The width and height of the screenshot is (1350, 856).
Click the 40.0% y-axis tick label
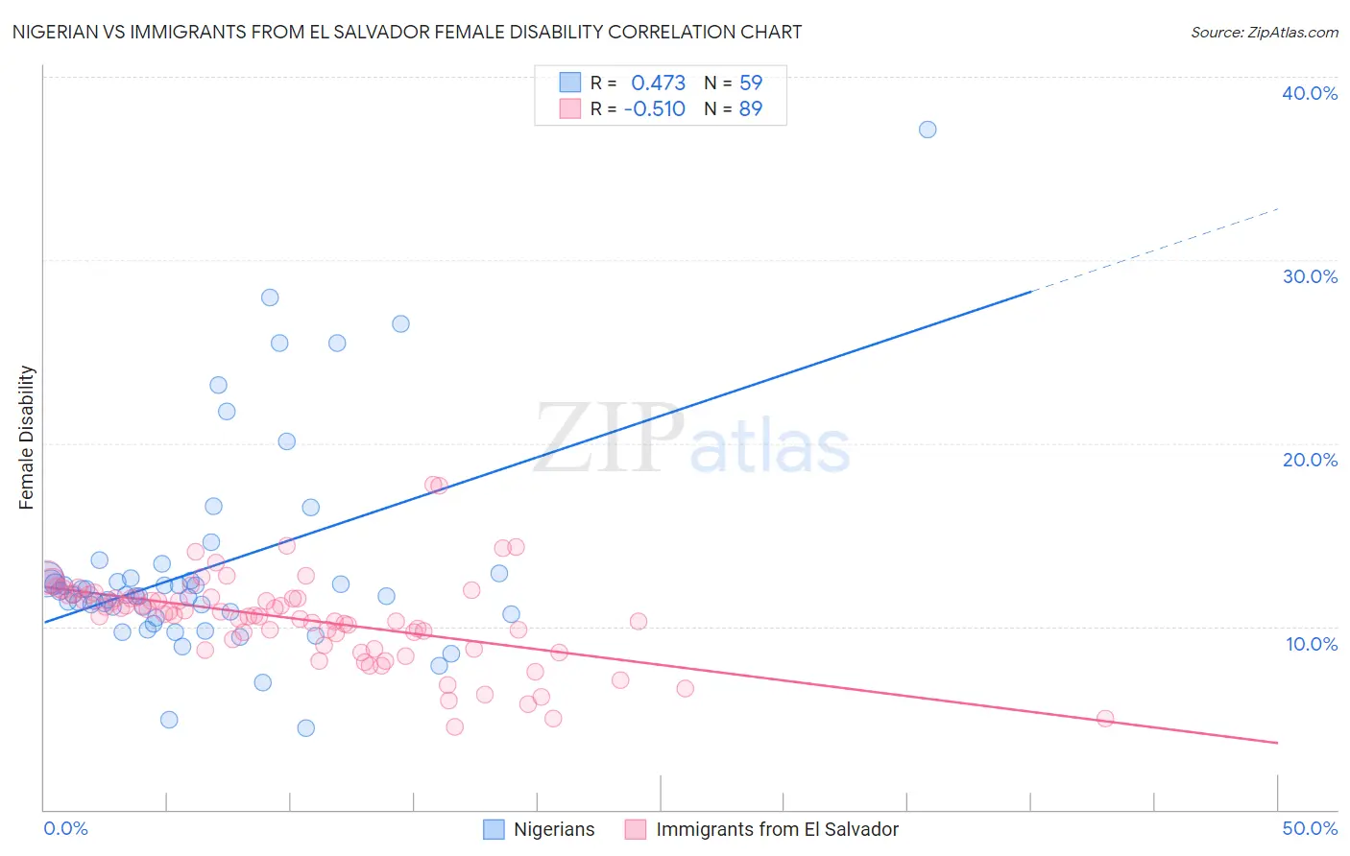pyautogui.click(x=1310, y=93)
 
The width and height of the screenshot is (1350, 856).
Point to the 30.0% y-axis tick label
pyautogui.click(x=1310, y=276)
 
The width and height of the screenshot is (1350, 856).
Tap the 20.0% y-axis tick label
pyautogui.click(x=1310, y=460)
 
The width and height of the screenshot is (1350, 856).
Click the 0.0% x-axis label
pyautogui.click(x=65, y=828)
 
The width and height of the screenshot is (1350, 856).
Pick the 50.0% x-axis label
pyautogui.click(x=1310, y=828)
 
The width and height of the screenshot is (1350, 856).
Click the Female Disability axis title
pyautogui.click(x=27, y=438)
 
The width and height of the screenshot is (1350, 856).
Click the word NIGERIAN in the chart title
pyautogui.click(x=57, y=32)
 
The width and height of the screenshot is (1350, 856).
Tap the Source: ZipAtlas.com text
pyautogui.click(x=1264, y=33)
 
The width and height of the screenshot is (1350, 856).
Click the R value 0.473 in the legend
pyautogui.click(x=658, y=83)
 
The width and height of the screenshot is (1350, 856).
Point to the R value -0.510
pyautogui.click(x=654, y=109)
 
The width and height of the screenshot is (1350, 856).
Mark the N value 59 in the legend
pyautogui.click(x=751, y=83)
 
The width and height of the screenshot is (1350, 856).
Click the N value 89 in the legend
pyautogui.click(x=751, y=109)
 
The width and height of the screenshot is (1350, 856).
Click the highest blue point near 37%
pyautogui.click(x=928, y=130)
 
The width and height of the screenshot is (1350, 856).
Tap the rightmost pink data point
pyautogui.click(x=1105, y=719)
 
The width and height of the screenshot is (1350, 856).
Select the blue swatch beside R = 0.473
pyautogui.click(x=570, y=83)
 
